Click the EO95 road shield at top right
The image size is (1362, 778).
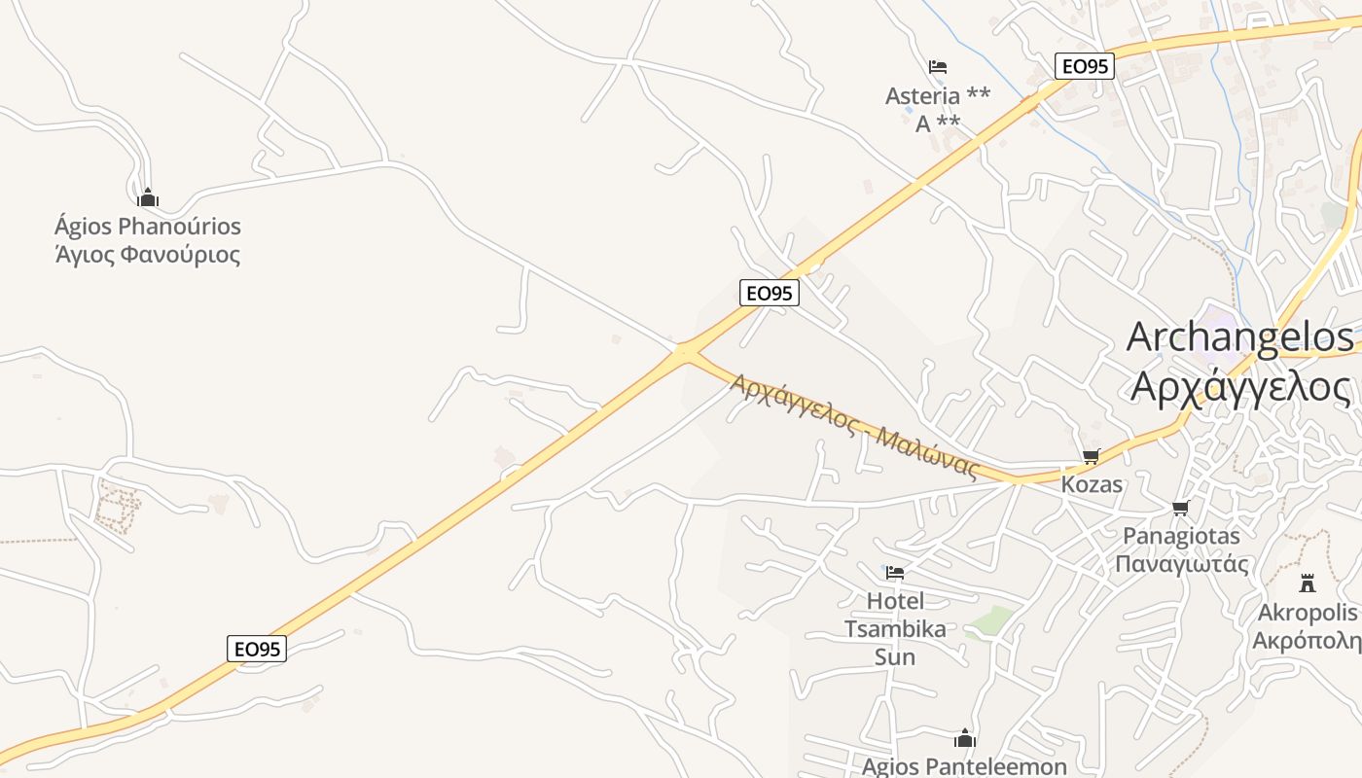1084,66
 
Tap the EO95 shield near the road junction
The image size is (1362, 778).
769,293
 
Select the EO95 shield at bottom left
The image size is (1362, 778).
257,649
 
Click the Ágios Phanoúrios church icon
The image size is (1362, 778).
148,198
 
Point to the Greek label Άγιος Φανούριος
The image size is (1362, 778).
148,256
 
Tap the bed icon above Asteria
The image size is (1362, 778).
938,67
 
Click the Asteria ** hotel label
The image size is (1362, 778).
938,95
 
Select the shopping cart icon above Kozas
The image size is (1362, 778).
1092,456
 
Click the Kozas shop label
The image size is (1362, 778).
1092,484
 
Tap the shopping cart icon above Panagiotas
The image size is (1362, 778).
1181,508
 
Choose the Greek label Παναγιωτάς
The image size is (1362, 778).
1181,564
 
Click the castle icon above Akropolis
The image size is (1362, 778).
1308,583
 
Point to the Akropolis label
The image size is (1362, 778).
1307,613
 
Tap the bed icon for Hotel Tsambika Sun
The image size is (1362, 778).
895,572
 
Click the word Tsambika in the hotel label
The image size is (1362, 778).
895,629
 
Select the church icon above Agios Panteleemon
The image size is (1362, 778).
965,739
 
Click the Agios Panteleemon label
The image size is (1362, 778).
964,766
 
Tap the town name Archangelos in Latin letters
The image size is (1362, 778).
1239,336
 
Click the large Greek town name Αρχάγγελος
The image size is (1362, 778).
1240,386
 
